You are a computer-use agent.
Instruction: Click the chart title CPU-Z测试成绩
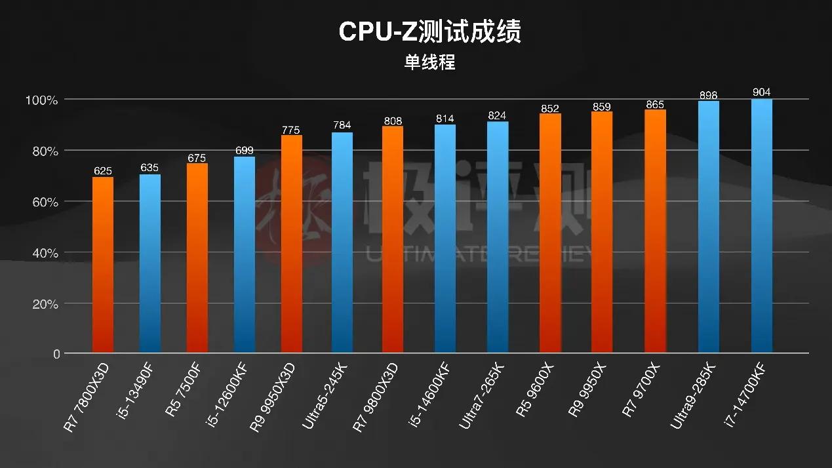coord(429,31)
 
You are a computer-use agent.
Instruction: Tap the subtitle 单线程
coord(429,63)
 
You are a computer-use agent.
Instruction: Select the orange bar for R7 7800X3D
coord(103,265)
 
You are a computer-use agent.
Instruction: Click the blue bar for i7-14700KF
coord(762,226)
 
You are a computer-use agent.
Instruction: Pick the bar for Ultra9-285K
coord(709,227)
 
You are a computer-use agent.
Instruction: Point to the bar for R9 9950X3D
coord(292,244)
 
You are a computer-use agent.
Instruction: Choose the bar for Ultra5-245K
coord(342,243)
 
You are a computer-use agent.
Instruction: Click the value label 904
coord(762,92)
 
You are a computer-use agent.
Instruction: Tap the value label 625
coord(103,171)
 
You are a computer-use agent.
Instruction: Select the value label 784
coord(342,126)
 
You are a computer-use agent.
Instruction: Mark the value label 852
coord(551,108)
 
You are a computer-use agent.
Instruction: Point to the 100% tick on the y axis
coord(42,100)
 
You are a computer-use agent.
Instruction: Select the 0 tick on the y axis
coord(56,355)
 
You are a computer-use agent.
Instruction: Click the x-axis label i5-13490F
coord(137,387)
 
